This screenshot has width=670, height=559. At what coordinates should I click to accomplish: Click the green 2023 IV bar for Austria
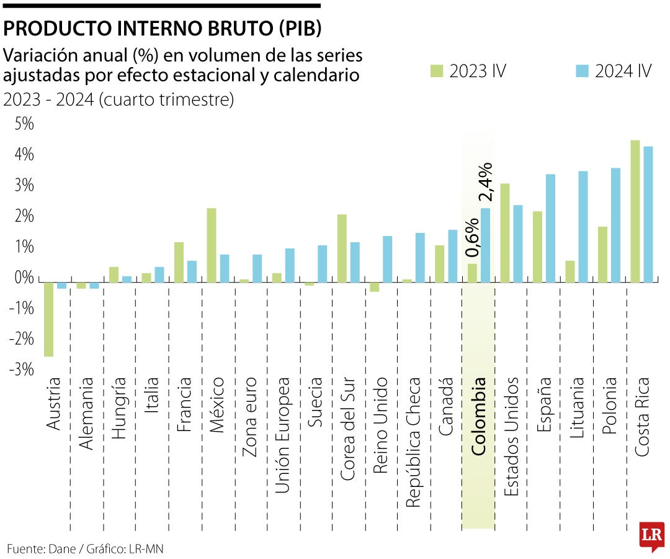[48, 319]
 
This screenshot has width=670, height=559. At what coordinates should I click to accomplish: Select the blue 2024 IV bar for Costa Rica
[648, 214]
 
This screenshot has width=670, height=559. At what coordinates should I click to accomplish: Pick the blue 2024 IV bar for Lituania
[583, 226]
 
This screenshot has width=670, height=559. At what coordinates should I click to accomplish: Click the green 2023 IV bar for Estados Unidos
[504, 232]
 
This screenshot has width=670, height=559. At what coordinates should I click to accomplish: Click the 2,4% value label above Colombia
[486, 181]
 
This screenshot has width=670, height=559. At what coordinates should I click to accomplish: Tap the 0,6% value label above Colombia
[471, 237]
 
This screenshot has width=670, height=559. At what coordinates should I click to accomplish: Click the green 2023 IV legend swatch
[437, 71]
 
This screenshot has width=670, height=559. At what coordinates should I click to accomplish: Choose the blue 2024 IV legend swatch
[582, 71]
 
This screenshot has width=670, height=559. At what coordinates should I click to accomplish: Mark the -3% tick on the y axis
[22, 370]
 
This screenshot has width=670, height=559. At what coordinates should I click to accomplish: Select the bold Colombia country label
[478, 416]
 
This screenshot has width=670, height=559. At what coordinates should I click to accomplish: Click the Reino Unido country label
[380, 425]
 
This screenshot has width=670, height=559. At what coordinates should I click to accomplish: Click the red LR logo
[651, 535]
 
